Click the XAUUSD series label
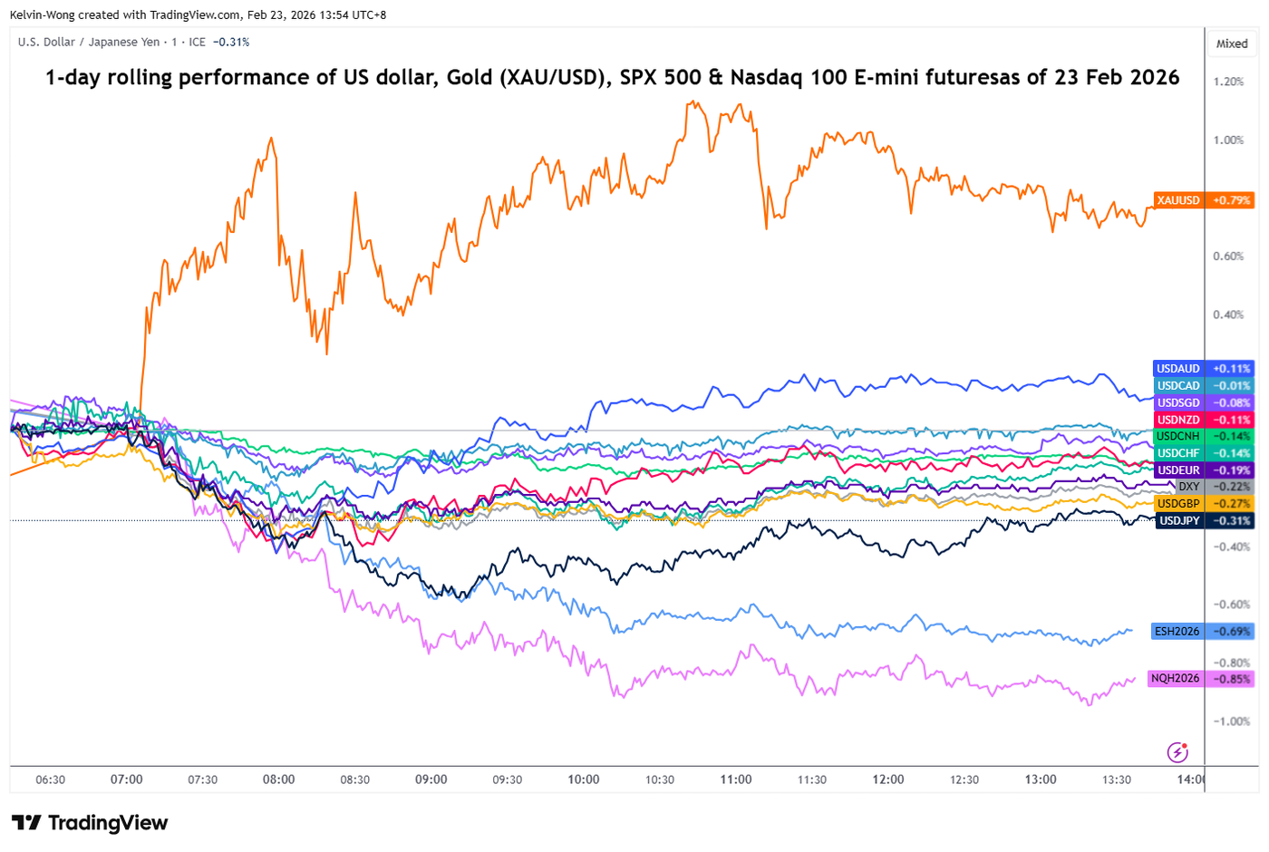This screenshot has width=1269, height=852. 1178,200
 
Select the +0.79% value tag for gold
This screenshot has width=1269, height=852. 1231,200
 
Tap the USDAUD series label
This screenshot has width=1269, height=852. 1178,369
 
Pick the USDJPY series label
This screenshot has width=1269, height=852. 1179,521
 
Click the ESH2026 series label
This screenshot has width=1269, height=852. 1177,632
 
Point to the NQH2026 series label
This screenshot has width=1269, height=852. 1175,679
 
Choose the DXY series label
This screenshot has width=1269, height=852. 1188,488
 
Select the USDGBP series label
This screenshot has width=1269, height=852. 1178,504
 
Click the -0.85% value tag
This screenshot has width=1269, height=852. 1231,679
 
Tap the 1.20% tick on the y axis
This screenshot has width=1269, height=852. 1228,82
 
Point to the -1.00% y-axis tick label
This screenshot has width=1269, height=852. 1232,721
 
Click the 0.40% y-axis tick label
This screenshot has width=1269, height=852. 1228,315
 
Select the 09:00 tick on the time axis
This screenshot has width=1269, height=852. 431,779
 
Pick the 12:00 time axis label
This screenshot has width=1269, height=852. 888,779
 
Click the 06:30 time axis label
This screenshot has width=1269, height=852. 50,779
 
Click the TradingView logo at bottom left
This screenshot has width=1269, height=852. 90,823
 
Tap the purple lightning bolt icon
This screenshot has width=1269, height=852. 1177,751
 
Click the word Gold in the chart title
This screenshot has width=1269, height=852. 470,78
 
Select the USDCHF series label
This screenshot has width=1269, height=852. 1178,453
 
